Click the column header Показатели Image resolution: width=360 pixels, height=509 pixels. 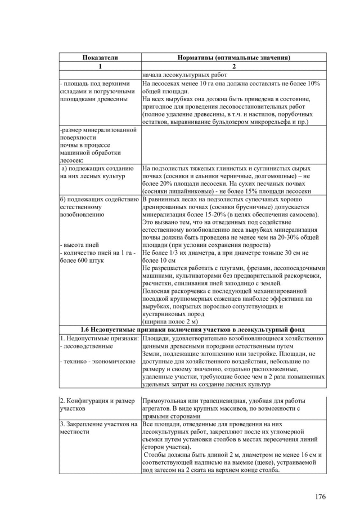(100, 58)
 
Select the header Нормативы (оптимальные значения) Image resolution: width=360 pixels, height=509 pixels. (233, 58)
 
